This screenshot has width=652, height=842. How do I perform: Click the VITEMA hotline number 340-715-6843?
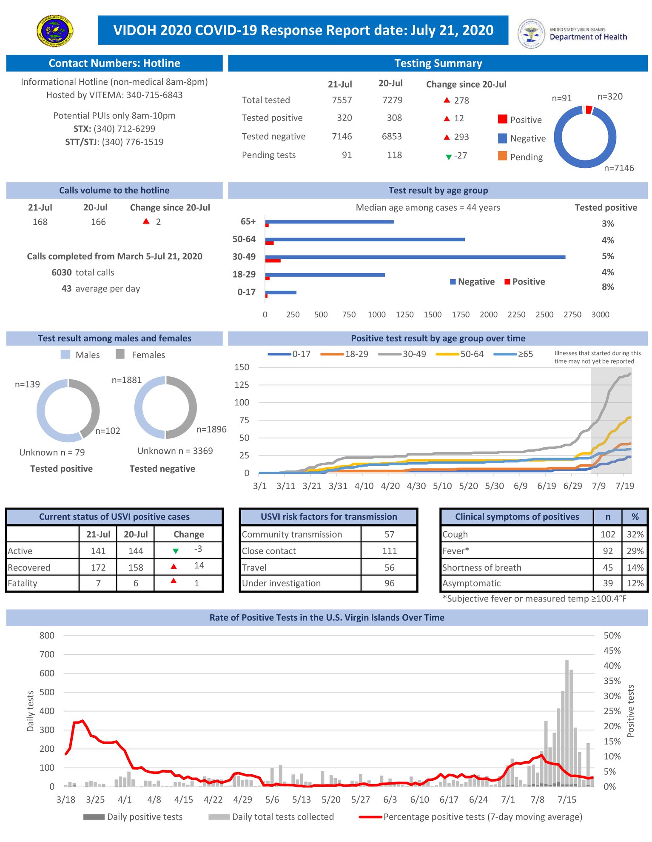tap(154, 95)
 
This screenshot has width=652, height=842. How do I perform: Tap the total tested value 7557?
tap(342, 100)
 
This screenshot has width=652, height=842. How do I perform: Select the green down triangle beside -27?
tap(448, 157)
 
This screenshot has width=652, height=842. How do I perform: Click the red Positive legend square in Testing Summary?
tap(502, 119)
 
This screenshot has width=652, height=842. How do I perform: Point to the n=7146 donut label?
tap(619, 168)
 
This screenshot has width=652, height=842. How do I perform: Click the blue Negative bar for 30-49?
tap(415, 257)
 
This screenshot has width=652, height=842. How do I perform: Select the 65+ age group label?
tap(248, 221)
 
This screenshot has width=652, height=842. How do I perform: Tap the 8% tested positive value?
tap(608, 287)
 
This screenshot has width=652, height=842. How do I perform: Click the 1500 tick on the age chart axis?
tap(433, 315)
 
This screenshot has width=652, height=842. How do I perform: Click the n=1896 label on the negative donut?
tap(211, 430)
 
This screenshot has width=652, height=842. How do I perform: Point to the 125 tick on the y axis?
tap(242, 385)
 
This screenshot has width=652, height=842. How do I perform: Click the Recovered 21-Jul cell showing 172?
tap(98, 567)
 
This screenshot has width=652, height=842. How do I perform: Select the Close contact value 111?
tap(389, 551)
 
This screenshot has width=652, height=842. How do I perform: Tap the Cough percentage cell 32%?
tap(635, 534)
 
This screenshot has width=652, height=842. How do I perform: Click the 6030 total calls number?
tap(62, 272)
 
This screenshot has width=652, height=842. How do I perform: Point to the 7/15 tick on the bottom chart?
tap(567, 799)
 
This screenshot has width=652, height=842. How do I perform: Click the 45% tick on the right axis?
tap(612, 650)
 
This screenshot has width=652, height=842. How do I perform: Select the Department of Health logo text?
tap(588, 37)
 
